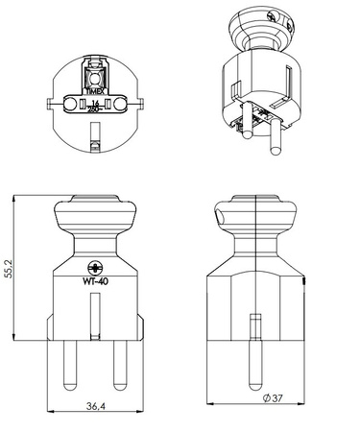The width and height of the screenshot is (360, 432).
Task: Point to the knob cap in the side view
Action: point(252,210)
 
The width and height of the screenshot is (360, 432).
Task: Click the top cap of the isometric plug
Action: point(264,23)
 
